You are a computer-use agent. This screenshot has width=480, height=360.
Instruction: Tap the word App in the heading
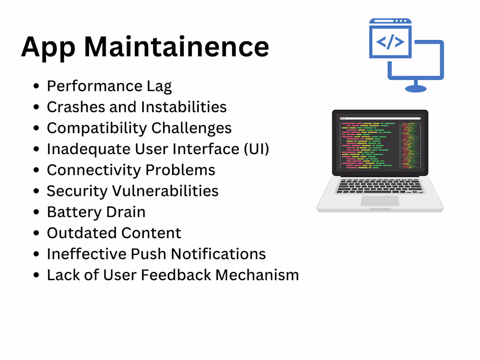tap(48, 47)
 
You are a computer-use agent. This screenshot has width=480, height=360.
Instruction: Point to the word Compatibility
tap(96, 128)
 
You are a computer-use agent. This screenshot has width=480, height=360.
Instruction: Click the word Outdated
tap(82, 233)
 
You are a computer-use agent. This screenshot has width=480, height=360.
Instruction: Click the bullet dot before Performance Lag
tap(37, 86)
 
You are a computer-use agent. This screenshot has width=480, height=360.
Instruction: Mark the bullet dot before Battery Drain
tap(37, 213)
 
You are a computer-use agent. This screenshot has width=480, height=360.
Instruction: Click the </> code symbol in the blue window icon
tap(390, 42)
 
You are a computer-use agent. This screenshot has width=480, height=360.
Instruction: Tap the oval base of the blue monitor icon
tap(415, 89)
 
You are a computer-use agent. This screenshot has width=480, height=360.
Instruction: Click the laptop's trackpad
tap(380, 201)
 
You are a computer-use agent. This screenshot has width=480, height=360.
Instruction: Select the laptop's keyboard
tap(380, 186)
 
